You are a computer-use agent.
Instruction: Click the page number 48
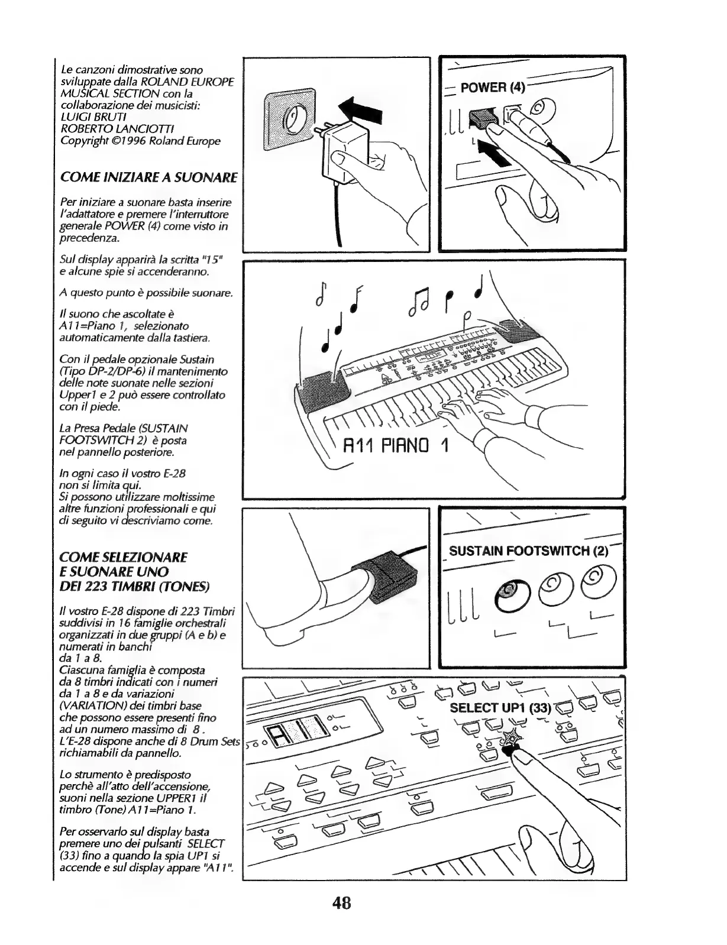click(x=342, y=903)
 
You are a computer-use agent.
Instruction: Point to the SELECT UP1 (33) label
click(x=500, y=708)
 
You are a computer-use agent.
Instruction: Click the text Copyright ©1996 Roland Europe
click(x=140, y=141)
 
